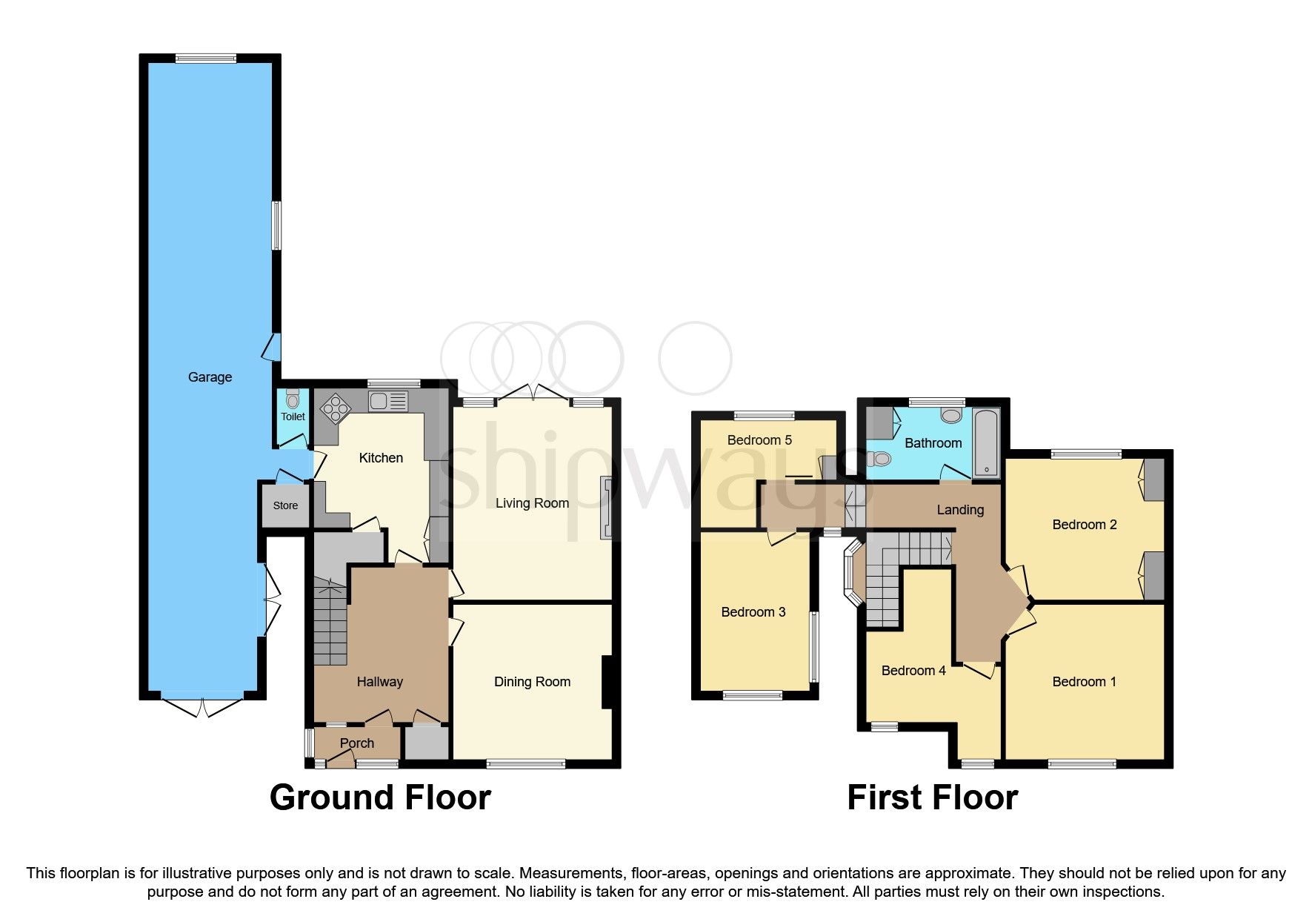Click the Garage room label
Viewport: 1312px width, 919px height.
[x=210, y=377]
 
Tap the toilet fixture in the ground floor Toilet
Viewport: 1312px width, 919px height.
[x=293, y=399]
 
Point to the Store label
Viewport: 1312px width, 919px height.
[x=285, y=505]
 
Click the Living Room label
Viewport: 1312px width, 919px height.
[x=532, y=503]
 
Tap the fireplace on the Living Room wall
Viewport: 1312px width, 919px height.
[x=607, y=508]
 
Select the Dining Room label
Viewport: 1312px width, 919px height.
[x=532, y=682]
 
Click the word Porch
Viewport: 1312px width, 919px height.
[x=356, y=743]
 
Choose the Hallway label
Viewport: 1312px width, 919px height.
[x=379, y=682]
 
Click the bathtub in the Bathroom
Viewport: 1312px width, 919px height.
[x=986, y=442]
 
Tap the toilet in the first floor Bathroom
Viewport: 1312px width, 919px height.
[x=879, y=459]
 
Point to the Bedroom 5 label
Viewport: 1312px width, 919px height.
[x=759, y=440]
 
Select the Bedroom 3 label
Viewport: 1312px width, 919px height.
[x=753, y=612]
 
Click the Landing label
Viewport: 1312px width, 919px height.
[x=960, y=510]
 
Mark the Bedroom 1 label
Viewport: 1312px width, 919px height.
[x=1084, y=682]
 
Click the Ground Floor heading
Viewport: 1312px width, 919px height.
[x=380, y=797]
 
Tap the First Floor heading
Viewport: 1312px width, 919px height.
[x=932, y=797]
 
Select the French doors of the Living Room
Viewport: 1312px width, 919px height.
[x=533, y=394]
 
